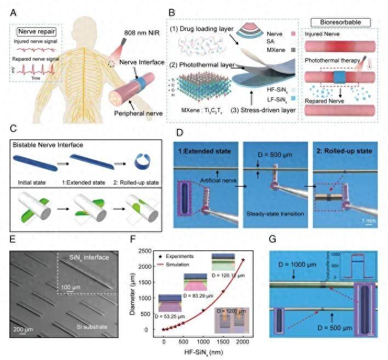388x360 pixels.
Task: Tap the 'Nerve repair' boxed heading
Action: tap(35, 32)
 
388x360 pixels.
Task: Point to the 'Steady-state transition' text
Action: tap(277, 213)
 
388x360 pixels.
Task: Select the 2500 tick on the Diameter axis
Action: tap(144, 250)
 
